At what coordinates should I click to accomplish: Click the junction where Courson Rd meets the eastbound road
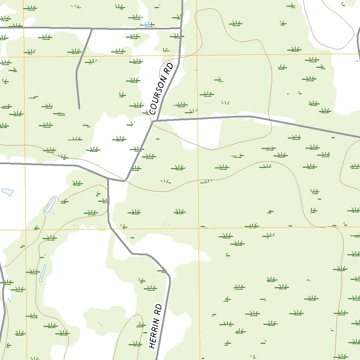(x=153, y=121)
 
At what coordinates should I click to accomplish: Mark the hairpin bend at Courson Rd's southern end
(x=124, y=181)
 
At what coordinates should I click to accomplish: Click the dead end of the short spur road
(x=79, y=108)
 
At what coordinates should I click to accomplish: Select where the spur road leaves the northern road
(x=92, y=30)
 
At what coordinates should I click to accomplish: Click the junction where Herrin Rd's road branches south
(x=108, y=179)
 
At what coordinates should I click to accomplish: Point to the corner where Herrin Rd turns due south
(x=169, y=278)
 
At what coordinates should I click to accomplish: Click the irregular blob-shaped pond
(x=7, y=192)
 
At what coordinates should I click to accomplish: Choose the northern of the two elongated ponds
(x=50, y=205)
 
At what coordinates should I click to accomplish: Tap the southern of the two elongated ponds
(x=43, y=273)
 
